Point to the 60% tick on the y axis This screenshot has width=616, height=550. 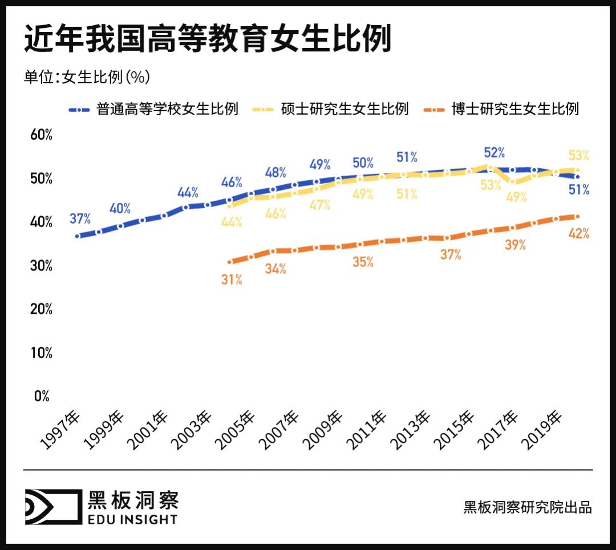pyautogui.click(x=42, y=135)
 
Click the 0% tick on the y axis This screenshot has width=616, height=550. pyautogui.click(x=42, y=396)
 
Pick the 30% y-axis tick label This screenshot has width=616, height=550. pyautogui.click(x=42, y=266)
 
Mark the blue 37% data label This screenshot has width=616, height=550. pyautogui.click(x=80, y=219)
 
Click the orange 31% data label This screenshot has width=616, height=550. pyautogui.click(x=232, y=280)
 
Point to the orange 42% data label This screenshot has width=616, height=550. pyautogui.click(x=579, y=233)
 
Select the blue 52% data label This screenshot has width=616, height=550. pyautogui.click(x=494, y=152)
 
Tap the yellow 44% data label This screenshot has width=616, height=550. pyautogui.click(x=232, y=223)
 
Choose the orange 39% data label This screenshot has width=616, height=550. pyautogui.click(x=515, y=245)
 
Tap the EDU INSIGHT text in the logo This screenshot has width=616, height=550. pyautogui.click(x=132, y=519)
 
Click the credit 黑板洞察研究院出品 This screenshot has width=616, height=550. pyautogui.click(x=528, y=507)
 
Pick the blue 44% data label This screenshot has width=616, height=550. pyautogui.click(x=187, y=192)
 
